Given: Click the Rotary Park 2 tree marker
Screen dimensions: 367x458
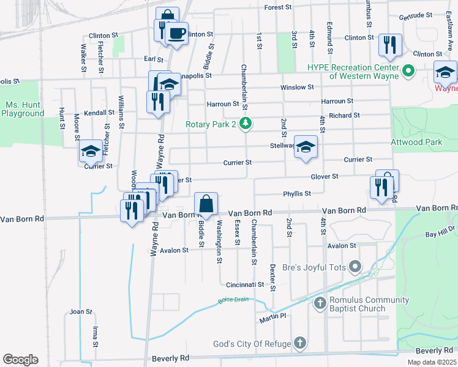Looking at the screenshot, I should (x=246, y=124).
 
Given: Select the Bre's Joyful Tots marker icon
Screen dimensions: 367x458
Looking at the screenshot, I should (x=356, y=267).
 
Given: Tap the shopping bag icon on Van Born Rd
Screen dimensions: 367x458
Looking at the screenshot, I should (x=206, y=204).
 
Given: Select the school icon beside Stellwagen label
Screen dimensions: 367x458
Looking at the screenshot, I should (x=306, y=147).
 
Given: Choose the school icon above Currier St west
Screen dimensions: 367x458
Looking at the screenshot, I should (x=91, y=151).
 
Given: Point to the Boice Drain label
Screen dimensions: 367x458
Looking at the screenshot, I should (x=233, y=300).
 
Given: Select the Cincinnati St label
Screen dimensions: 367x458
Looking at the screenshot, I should (x=244, y=284).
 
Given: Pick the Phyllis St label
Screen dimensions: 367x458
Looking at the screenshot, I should (x=297, y=193).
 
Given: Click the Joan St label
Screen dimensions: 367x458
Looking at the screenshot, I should (x=80, y=311).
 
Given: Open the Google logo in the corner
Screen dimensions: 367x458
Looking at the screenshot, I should (x=21, y=360).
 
